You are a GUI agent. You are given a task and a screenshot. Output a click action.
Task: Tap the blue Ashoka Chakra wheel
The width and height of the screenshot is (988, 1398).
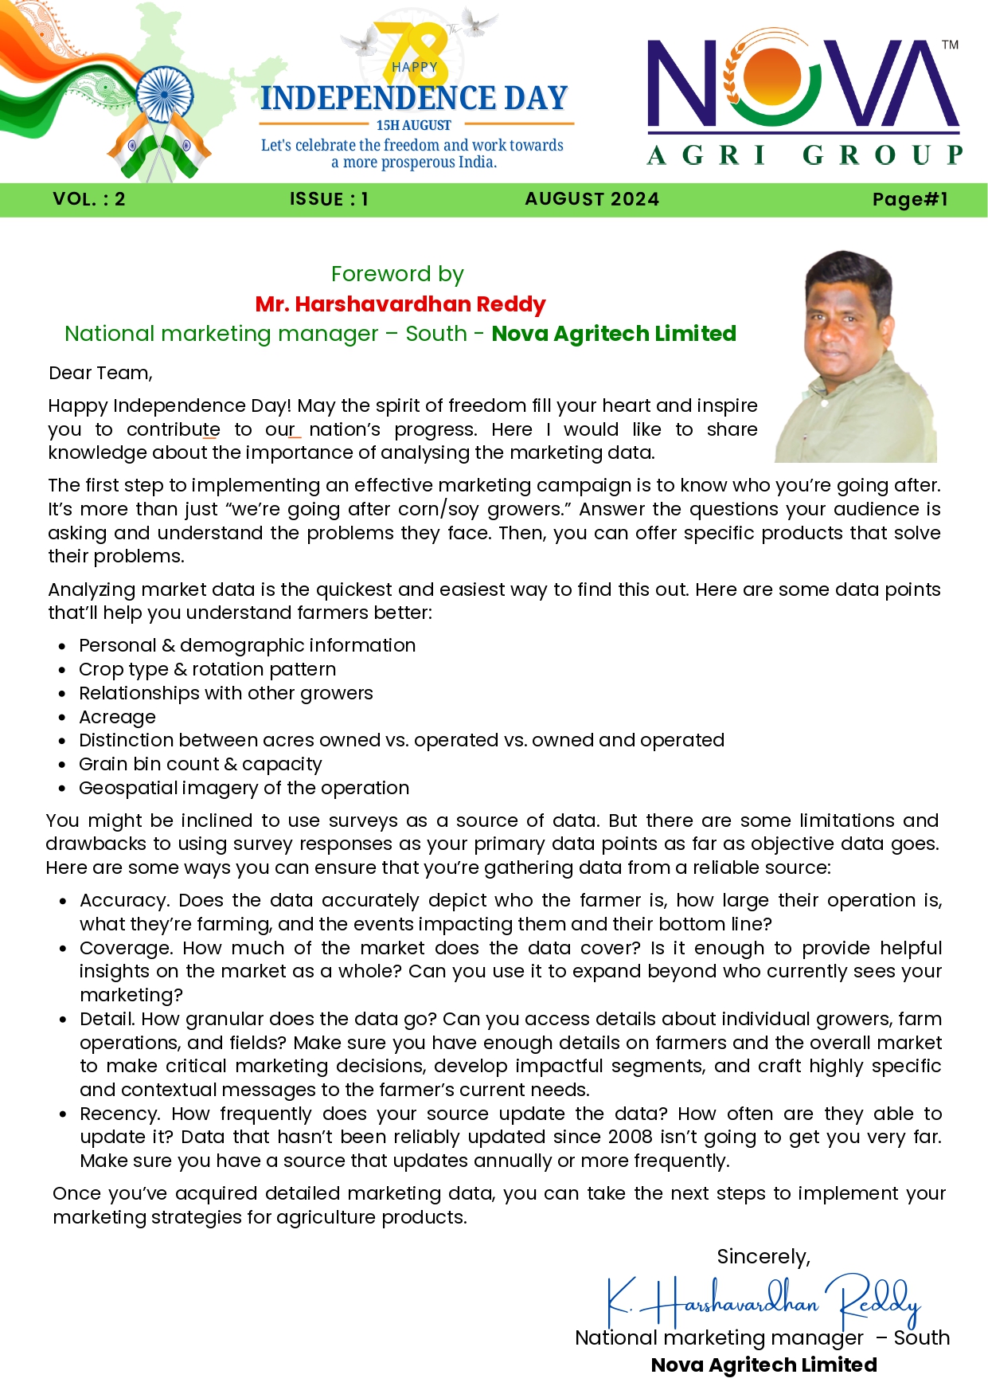click(165, 94)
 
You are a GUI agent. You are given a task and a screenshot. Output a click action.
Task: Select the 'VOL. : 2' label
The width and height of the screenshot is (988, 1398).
click(89, 199)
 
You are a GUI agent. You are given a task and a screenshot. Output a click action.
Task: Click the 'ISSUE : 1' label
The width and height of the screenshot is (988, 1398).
click(329, 199)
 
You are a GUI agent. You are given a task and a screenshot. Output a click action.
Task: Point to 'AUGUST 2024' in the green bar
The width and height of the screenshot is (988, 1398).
click(592, 199)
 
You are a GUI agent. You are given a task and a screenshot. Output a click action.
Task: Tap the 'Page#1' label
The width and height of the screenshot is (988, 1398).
click(910, 199)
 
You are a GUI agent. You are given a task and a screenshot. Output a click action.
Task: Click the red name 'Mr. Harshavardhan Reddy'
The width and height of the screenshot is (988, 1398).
click(400, 304)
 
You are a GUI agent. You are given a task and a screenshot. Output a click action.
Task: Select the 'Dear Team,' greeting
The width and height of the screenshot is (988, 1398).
click(100, 373)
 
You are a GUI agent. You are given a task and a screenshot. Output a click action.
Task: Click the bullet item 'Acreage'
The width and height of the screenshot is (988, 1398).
click(117, 717)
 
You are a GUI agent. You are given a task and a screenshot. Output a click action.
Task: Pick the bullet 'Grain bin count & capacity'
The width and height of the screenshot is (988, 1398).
click(200, 764)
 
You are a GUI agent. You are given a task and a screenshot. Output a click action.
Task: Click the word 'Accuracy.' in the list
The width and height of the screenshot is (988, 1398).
click(124, 900)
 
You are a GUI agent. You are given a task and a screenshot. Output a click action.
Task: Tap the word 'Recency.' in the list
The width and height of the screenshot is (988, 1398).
click(120, 1114)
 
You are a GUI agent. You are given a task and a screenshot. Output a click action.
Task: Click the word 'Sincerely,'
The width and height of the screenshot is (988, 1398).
click(763, 1256)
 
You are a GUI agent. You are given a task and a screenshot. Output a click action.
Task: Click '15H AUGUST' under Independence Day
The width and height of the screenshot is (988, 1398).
click(413, 125)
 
